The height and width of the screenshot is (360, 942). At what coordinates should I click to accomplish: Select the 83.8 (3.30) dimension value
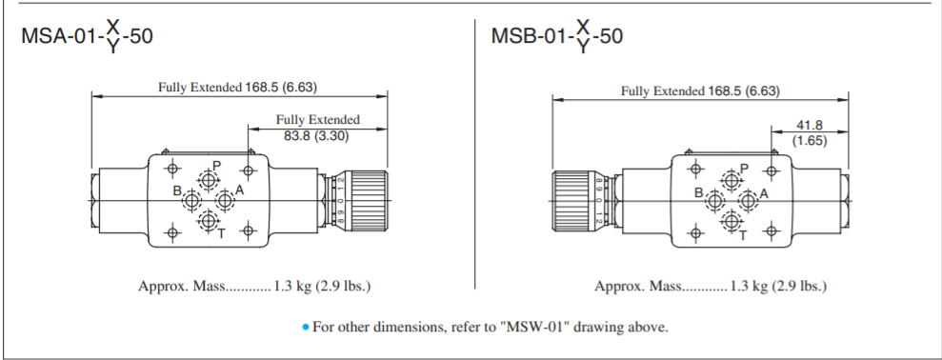click(317, 135)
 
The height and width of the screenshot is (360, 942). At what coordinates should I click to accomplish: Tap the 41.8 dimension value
click(809, 124)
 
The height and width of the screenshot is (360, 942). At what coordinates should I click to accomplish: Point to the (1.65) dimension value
click(809, 140)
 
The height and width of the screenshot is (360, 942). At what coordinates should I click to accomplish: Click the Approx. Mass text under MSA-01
click(253, 286)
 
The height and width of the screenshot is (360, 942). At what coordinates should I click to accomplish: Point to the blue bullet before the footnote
click(305, 328)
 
